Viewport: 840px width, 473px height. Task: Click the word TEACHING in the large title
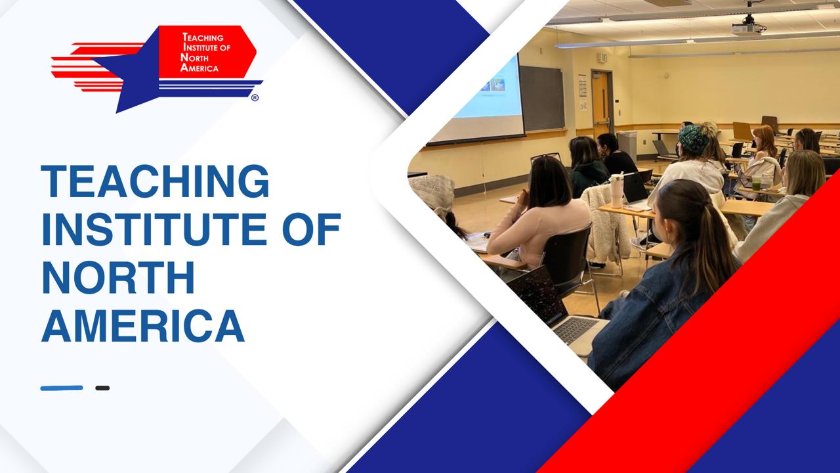[x=155, y=181]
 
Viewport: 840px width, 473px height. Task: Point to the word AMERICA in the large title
[x=143, y=325]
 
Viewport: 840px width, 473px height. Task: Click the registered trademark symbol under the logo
[x=255, y=98]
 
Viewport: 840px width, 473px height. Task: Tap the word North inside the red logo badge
[x=195, y=58]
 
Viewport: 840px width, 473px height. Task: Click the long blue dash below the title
[x=62, y=388]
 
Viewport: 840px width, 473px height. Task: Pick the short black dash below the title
[x=102, y=388]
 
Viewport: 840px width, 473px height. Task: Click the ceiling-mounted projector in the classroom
[x=749, y=26]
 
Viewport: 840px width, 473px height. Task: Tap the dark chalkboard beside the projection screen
[x=542, y=99]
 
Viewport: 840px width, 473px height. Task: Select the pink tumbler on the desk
[x=617, y=191]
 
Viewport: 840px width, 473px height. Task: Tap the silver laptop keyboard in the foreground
[x=574, y=330]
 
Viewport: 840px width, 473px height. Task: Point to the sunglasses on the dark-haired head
[x=546, y=157]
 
